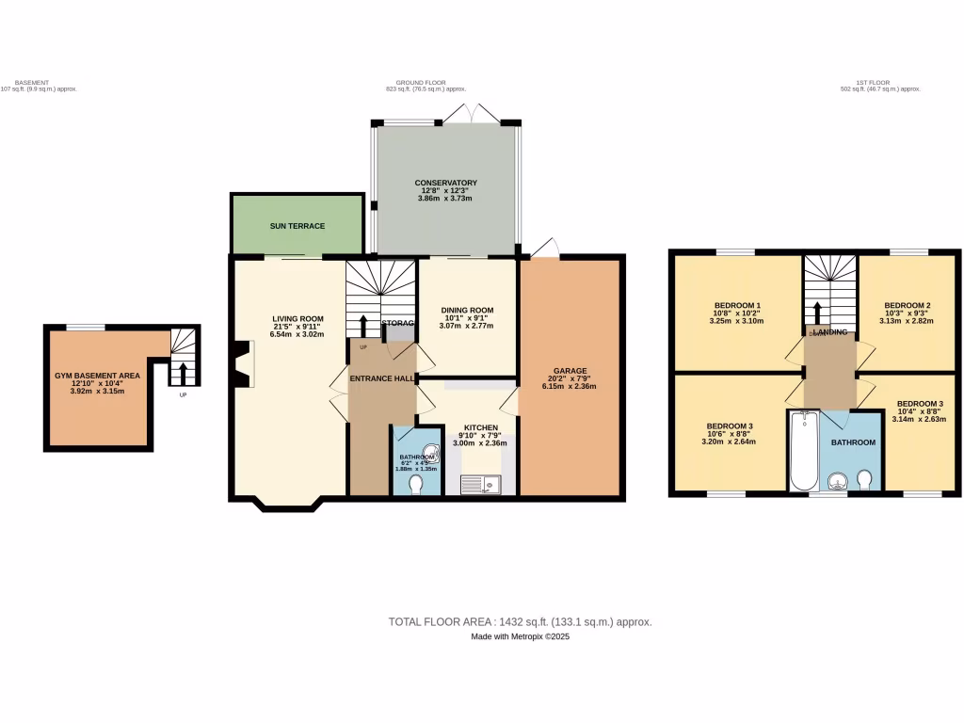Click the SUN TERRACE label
(297, 226)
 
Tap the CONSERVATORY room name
(445, 183)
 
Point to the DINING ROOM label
(468, 310)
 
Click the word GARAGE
(570, 371)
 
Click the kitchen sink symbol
(481, 485)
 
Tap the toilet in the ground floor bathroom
(418, 484)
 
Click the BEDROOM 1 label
(737, 305)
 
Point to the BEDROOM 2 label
(907, 305)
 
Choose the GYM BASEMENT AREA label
(97, 376)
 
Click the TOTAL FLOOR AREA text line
(520, 621)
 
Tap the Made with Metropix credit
(520, 636)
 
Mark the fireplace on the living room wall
(244, 363)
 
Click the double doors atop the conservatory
(471, 112)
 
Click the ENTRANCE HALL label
(382, 378)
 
